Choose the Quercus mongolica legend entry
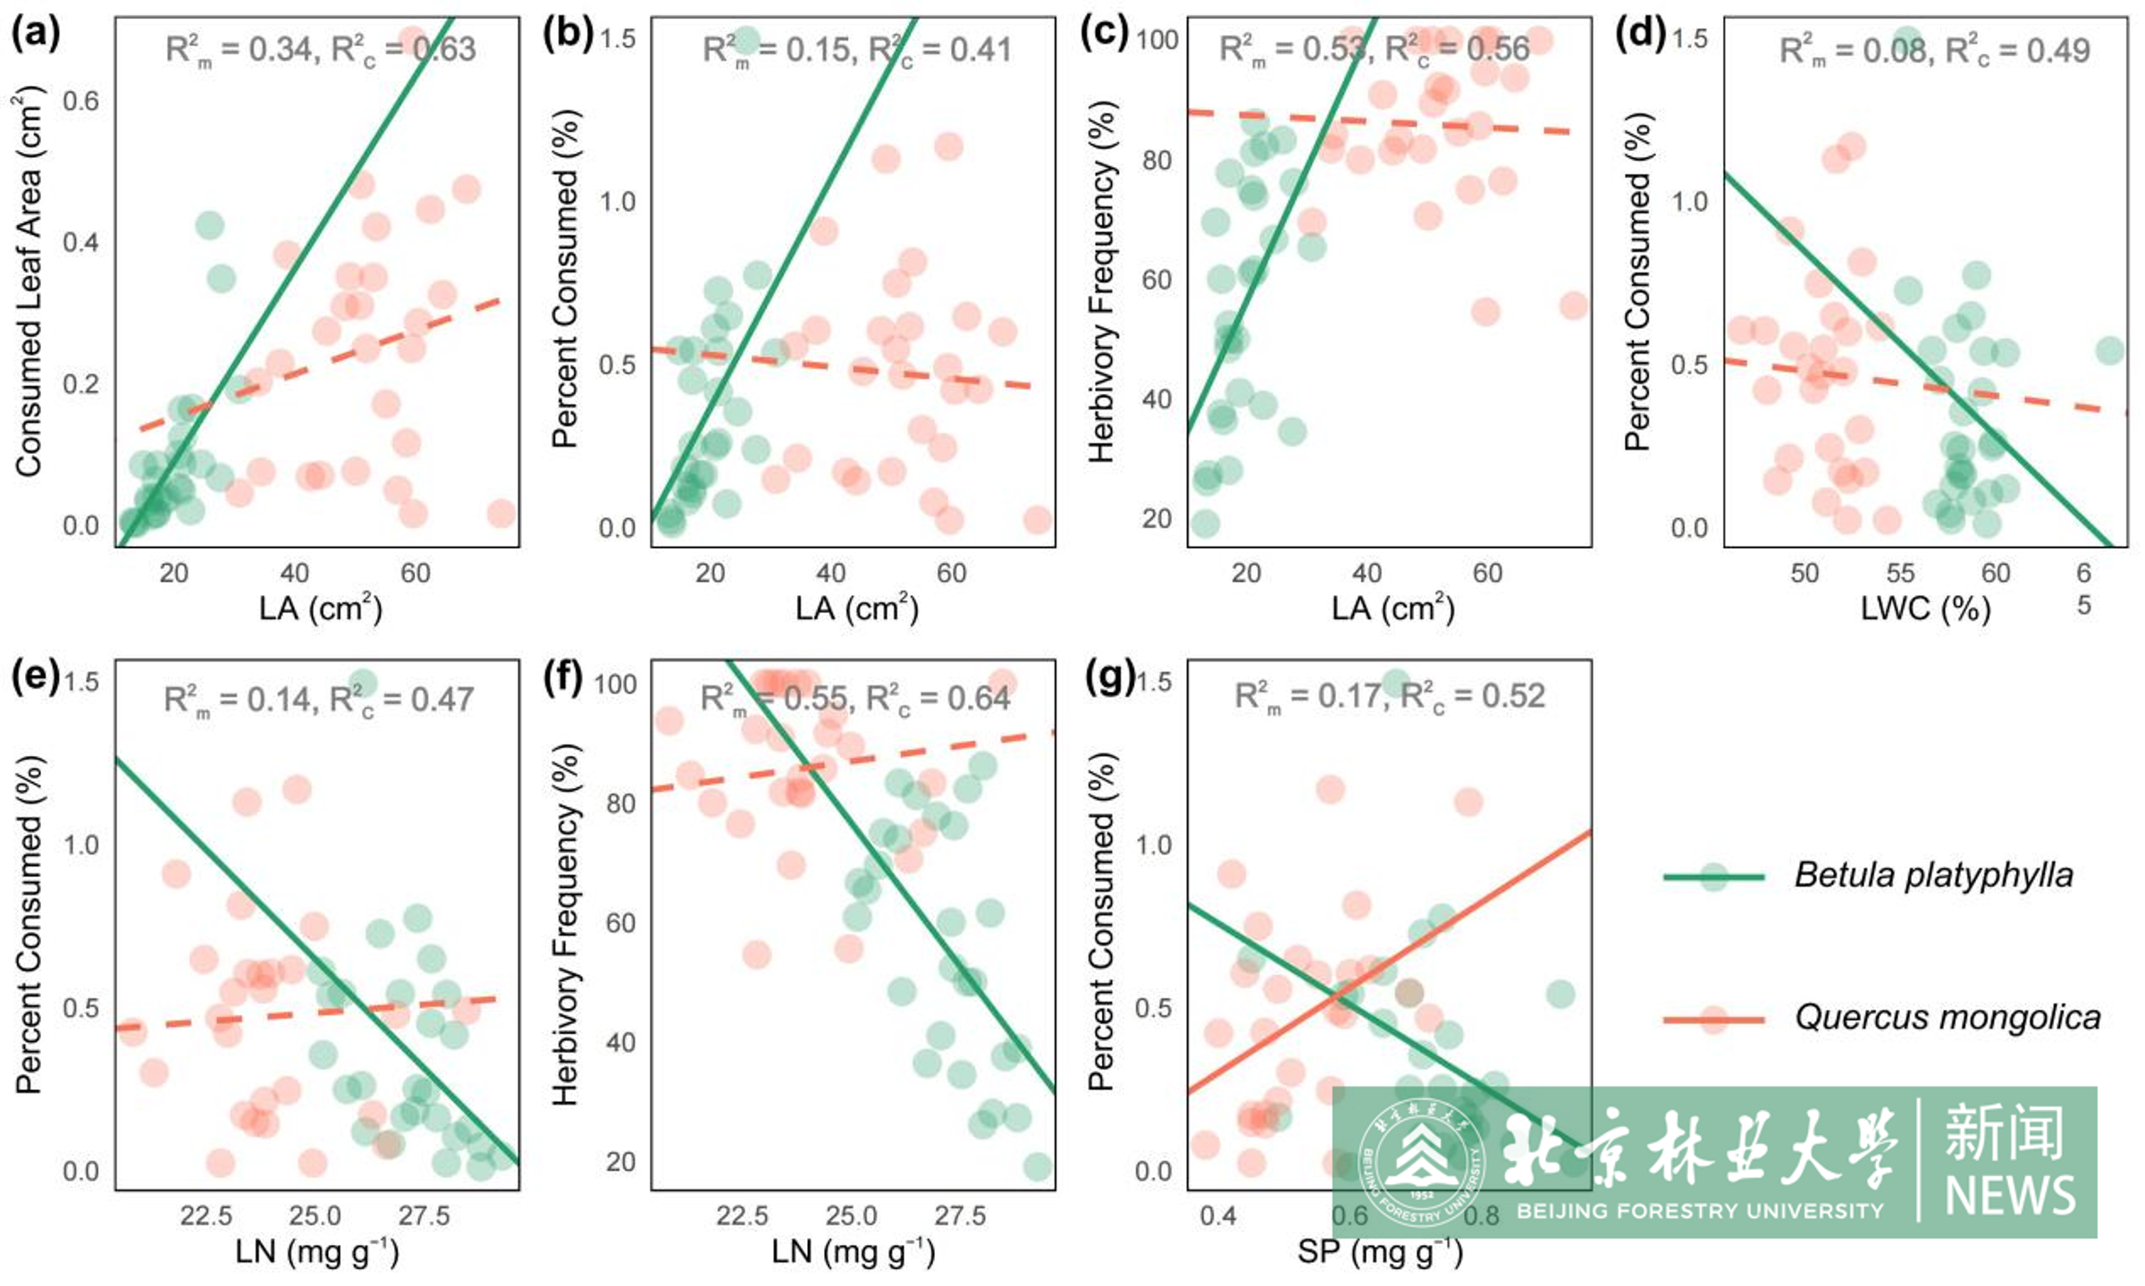[1947, 1018]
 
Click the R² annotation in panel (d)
[1934, 51]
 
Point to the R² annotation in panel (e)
[318, 700]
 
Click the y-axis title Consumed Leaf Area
[29, 282]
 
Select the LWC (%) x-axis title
[1925, 609]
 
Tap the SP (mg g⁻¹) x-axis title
[1380, 1251]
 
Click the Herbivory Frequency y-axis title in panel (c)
[1102, 282]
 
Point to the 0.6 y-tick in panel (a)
[80, 101]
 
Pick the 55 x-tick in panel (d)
[1900, 573]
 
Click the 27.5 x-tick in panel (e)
[424, 1215]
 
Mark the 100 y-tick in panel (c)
[1157, 40]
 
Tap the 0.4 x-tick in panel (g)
[1217, 1215]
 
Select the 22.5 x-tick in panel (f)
[742, 1215]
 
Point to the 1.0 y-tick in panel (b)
[617, 202]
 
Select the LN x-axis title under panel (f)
[853, 1251]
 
